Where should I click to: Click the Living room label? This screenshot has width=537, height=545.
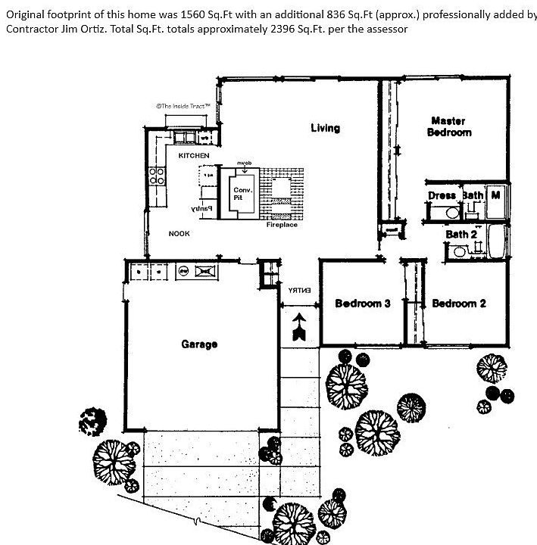click(325, 128)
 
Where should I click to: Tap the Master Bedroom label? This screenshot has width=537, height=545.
click(449, 126)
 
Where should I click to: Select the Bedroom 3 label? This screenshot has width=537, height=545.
click(363, 304)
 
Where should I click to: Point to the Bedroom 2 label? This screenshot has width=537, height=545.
click(459, 304)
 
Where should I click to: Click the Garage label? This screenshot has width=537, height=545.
click(199, 344)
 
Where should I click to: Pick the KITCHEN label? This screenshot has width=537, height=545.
click(194, 156)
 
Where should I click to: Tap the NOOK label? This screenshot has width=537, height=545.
click(179, 234)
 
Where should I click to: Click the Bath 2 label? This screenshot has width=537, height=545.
click(461, 234)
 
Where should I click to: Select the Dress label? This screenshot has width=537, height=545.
click(442, 195)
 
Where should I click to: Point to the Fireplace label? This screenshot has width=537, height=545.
click(281, 225)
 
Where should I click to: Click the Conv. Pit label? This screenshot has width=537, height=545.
click(242, 193)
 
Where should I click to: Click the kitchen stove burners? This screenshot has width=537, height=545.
click(158, 176)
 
